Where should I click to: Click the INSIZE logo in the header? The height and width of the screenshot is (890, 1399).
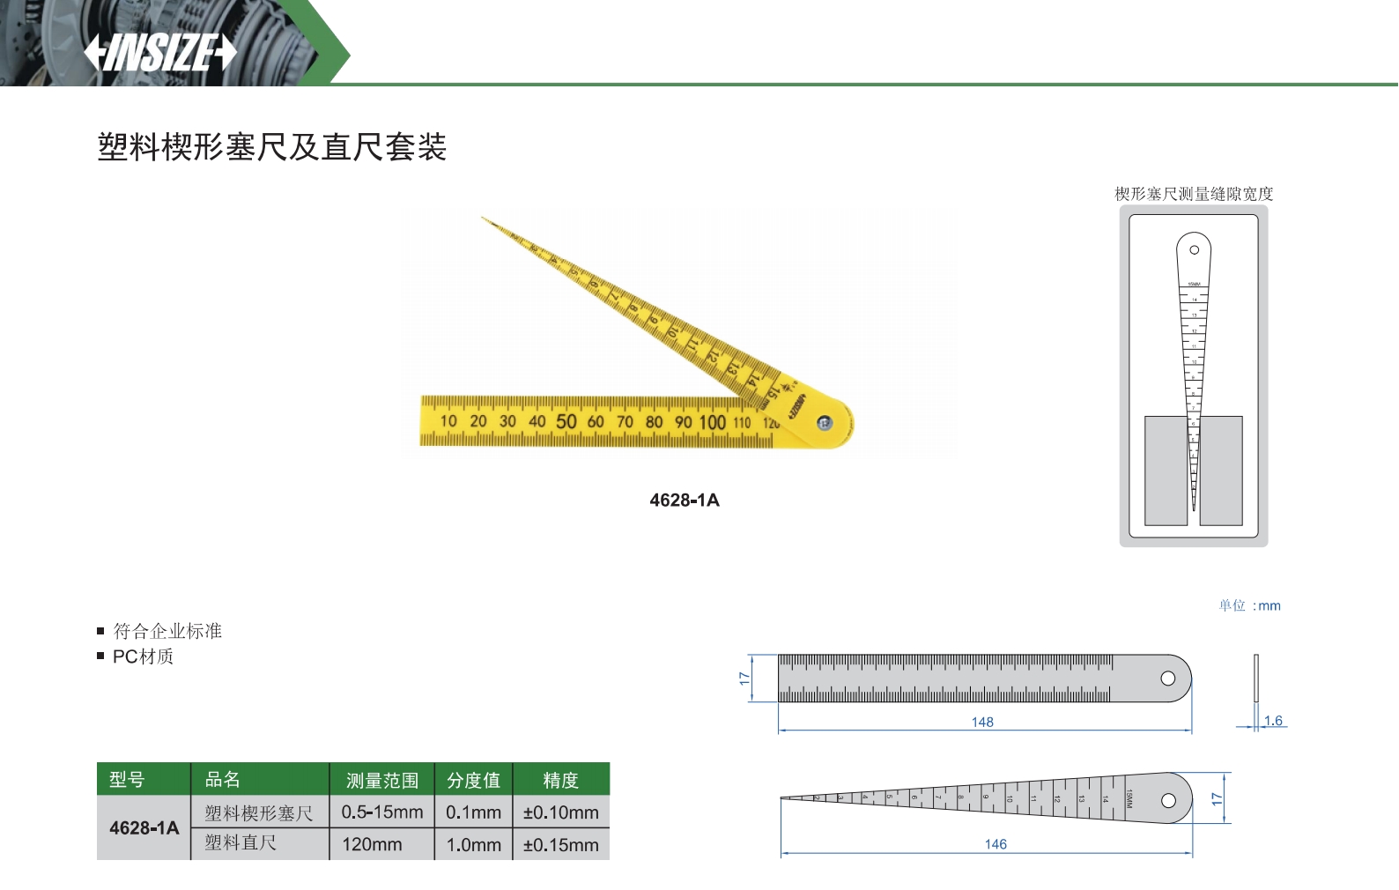pyautogui.click(x=160, y=53)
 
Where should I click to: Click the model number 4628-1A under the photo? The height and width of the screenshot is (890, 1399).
pyautogui.click(x=685, y=501)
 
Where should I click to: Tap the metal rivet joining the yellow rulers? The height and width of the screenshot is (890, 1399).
pyautogui.click(x=825, y=424)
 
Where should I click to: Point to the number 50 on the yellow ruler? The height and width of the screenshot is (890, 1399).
pyautogui.click(x=566, y=421)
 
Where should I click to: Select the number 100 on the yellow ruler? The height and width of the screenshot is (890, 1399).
pyautogui.click(x=712, y=422)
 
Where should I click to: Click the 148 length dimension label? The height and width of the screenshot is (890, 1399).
pyautogui.click(x=982, y=723)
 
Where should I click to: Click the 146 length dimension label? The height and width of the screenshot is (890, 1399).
pyautogui.click(x=996, y=844)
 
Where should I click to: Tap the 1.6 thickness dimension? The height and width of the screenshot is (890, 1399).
pyautogui.click(x=1273, y=721)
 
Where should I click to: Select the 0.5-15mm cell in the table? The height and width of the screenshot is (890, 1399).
pyautogui.click(x=382, y=812)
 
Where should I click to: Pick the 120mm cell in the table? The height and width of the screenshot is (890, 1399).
pyautogui.click(x=372, y=844)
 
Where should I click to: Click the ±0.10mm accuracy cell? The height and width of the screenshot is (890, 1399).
pyautogui.click(x=560, y=812)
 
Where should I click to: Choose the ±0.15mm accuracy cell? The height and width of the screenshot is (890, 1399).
pyautogui.click(x=560, y=845)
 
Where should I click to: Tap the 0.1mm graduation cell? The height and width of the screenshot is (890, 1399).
pyautogui.click(x=473, y=812)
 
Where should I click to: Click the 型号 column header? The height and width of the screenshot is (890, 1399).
pyautogui.click(x=127, y=780)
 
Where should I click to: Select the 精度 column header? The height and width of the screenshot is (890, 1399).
pyautogui.click(x=560, y=780)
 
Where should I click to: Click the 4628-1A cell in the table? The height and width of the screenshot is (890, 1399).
pyautogui.click(x=144, y=828)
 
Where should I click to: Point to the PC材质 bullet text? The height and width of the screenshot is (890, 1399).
pyautogui.click(x=143, y=656)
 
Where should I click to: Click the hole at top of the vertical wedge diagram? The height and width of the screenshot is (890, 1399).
pyautogui.click(x=1195, y=250)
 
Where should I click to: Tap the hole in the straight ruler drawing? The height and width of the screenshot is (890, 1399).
pyautogui.click(x=1168, y=679)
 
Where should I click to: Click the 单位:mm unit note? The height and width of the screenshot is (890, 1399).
pyautogui.click(x=1249, y=605)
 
